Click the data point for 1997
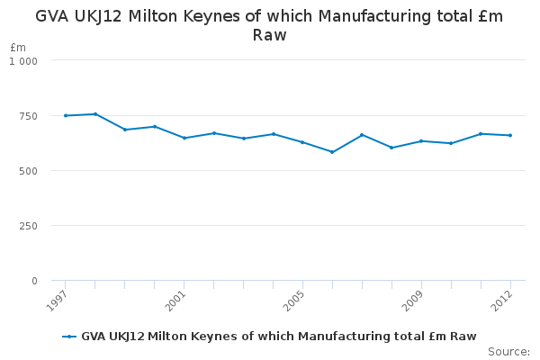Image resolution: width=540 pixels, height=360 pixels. click(66, 116)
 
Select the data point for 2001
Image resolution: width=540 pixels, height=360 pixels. click(184, 138)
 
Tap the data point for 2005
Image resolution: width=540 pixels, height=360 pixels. click(302, 142)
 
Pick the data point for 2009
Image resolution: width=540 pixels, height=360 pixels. click(421, 141)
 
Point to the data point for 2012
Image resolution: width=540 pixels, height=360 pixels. click(510, 135)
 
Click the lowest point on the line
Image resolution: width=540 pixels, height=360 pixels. click(332, 152)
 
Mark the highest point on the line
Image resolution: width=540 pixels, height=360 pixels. click(95, 114)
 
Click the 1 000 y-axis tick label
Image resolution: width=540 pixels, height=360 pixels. click(23, 61)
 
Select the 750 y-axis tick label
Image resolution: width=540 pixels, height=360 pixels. click(28, 116)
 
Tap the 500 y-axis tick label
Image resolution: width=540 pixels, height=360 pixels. click(28, 171)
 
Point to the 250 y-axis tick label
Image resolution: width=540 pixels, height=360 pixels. click(28, 226)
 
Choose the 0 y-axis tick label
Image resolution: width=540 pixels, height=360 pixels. click(34, 281)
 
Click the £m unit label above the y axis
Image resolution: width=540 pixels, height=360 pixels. click(18, 47)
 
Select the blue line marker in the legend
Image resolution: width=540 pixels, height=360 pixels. click(69, 337)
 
